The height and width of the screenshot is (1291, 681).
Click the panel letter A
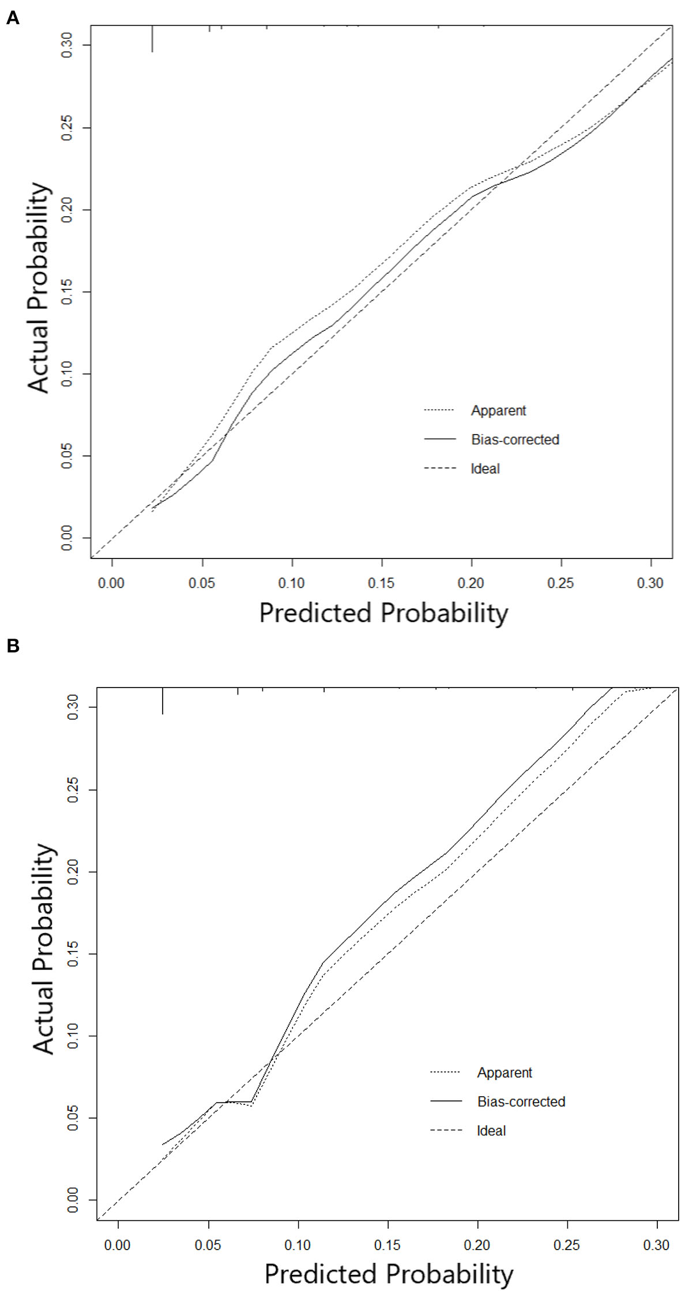click(x=12, y=18)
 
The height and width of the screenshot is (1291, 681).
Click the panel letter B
click(x=12, y=646)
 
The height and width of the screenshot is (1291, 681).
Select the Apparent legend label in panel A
click(x=498, y=411)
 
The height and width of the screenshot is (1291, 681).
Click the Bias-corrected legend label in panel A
click(x=515, y=440)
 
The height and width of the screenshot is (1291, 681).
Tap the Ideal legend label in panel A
click(x=485, y=469)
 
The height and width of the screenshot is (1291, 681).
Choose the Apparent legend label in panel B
click(x=504, y=1073)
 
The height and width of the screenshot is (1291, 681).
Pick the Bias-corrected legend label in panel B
click(x=521, y=1102)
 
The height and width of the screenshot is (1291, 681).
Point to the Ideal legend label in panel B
click(x=491, y=1131)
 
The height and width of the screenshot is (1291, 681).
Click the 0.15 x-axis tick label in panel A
click(x=381, y=583)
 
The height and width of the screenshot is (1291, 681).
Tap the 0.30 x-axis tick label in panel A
click(x=650, y=583)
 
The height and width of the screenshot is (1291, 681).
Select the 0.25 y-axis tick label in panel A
click(x=67, y=127)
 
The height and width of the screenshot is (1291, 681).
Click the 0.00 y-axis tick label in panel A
click(x=67, y=538)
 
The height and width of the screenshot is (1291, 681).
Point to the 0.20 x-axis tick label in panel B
click(x=477, y=1245)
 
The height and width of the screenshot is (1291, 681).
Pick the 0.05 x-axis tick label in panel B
click(x=208, y=1245)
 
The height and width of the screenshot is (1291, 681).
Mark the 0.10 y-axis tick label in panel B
click(x=73, y=1036)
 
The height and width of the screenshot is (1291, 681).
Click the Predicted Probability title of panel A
click(x=383, y=613)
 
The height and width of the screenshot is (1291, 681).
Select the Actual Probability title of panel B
click(x=44, y=949)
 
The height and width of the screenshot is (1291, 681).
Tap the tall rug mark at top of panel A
click(x=152, y=39)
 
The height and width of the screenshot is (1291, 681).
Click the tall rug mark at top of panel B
click(x=163, y=701)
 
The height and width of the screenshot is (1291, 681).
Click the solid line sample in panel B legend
click(x=446, y=1101)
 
